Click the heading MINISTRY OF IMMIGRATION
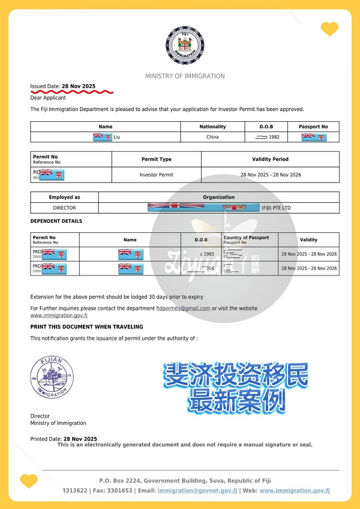(185, 76)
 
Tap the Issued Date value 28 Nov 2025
(79, 86)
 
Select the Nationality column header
(212, 127)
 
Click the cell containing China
(212, 137)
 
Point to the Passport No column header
(313, 127)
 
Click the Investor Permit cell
(156, 175)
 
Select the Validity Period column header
(270, 159)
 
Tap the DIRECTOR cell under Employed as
(64, 208)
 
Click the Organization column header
(219, 197)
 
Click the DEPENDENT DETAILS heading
(56, 221)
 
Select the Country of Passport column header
(247, 238)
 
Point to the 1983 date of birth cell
(202, 254)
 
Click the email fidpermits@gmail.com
(183, 308)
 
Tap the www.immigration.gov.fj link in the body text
(59, 315)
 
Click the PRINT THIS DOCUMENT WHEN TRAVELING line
(86, 327)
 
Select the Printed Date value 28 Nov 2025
(80, 439)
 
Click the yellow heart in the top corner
(329, 28)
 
